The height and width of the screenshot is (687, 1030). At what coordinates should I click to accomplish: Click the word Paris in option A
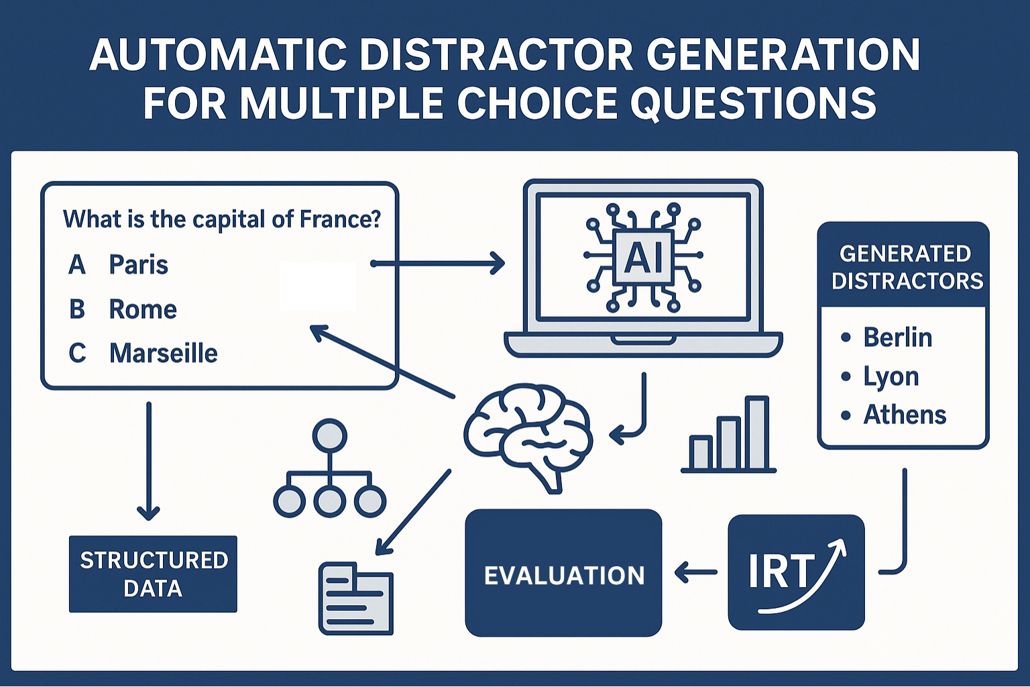[138, 265]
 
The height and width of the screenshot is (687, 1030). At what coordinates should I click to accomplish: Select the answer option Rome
[143, 309]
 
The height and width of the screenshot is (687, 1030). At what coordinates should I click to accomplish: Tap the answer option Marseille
[163, 354]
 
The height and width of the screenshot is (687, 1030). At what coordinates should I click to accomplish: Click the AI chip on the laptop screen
[643, 256]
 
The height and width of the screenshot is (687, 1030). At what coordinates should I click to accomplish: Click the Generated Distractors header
[903, 266]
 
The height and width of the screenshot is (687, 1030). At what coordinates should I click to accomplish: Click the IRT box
[796, 572]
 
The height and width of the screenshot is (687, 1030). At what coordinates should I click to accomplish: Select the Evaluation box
[564, 573]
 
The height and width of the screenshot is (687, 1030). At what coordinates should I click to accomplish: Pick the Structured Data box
[153, 574]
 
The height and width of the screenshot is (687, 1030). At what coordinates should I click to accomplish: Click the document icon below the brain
[356, 598]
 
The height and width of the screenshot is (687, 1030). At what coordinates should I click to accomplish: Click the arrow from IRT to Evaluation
[695, 572]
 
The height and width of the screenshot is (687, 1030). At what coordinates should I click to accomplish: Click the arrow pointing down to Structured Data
[148, 461]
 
